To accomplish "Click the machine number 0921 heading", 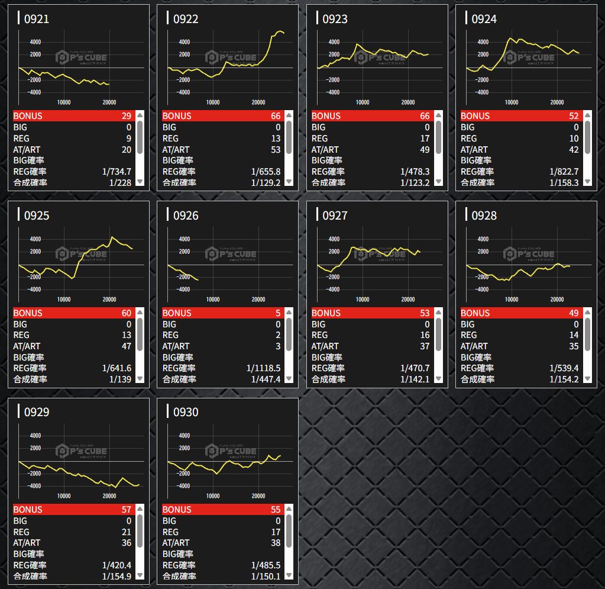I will pos(36,19).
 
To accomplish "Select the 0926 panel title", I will pos(186,215).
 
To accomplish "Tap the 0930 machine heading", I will pos(186,412).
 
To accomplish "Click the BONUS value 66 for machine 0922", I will pos(276,116).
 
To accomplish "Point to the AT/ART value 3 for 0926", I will pos(278,346).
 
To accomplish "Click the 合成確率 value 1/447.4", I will pos(266,379).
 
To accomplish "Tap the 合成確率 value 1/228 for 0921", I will pos(121,182).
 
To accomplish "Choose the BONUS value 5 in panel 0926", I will pos(278,313).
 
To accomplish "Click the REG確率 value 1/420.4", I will pos(117,565).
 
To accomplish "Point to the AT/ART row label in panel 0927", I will pos(326,346).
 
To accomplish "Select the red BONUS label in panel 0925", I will pos(28,313).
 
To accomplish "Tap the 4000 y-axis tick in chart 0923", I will pos(334,42).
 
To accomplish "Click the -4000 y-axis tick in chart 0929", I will pos(34,486).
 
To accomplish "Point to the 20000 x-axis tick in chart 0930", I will pos(258,496).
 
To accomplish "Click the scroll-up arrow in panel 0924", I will pos(587,116).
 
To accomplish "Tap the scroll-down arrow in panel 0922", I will pos(289,182).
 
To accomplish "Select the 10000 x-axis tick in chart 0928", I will pos(512,300).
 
